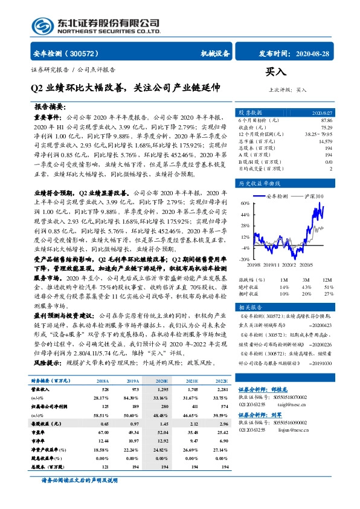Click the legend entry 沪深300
[x=313, y=197]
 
